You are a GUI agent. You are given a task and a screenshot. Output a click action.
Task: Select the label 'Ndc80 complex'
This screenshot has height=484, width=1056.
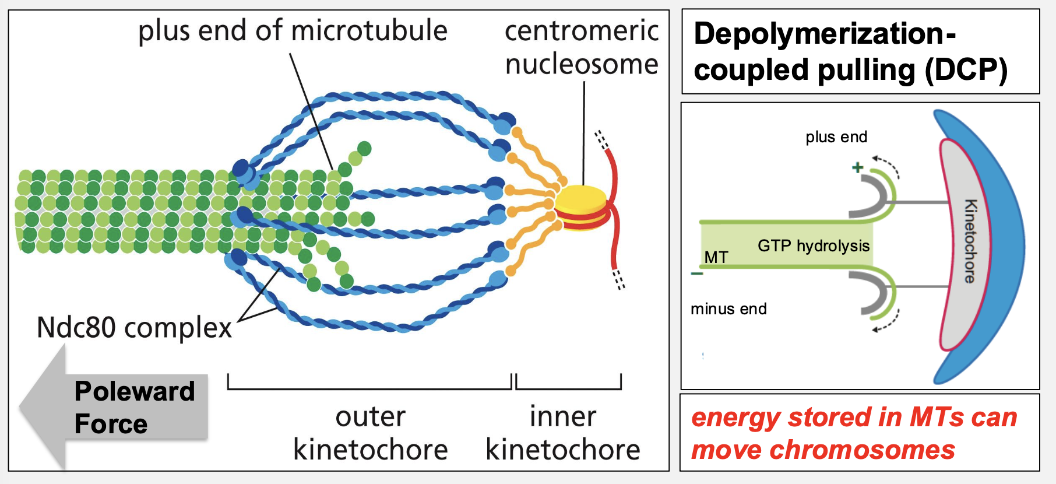134,328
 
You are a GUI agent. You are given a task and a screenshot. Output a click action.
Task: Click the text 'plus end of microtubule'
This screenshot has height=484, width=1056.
293,30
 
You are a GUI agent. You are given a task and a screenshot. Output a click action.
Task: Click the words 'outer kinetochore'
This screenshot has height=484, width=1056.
370,433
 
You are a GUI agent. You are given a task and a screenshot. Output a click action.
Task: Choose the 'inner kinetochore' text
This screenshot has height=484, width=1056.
563,433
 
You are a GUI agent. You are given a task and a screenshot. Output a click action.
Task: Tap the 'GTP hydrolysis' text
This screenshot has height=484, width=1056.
814,245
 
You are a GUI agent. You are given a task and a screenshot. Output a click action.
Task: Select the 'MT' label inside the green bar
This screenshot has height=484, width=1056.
716,257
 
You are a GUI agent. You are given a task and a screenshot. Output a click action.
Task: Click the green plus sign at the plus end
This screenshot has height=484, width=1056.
857,168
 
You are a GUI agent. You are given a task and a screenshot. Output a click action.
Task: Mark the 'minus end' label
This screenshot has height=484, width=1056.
728,308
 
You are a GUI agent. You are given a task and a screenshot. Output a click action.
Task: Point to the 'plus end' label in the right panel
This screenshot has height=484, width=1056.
836,137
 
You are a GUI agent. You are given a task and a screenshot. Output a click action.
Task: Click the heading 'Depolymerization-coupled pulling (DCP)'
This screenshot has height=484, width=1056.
851,51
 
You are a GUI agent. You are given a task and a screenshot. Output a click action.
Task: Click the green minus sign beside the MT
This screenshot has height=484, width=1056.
697,273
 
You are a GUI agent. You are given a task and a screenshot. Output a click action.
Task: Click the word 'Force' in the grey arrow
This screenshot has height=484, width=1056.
111,424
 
